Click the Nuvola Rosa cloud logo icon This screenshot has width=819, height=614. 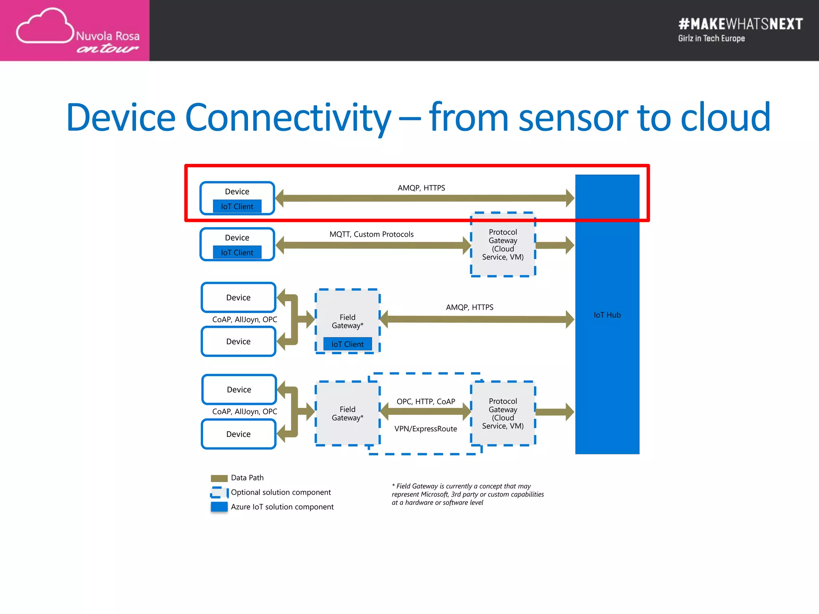pos(45,26)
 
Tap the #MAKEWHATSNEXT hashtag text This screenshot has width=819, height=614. pos(740,24)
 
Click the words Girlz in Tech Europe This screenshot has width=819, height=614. pos(711,38)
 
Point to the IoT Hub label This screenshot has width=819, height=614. pos(607,315)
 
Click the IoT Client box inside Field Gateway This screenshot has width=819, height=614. pos(347,344)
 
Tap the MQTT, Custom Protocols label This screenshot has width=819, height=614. pos(371,234)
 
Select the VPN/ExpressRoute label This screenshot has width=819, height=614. pos(425,429)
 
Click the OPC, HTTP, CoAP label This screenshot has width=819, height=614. pos(425,401)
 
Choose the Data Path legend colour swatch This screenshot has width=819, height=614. pos(219,478)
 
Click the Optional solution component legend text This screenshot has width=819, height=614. pos(281,492)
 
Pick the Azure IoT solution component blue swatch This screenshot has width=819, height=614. pos(219,507)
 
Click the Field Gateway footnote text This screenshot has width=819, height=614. pos(467,494)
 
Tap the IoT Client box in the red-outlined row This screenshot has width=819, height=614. pos(237,206)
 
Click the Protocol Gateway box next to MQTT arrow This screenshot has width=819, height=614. pos(503,244)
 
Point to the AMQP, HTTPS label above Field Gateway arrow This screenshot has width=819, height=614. pos(469,307)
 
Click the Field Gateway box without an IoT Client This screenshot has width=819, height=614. pos(347,413)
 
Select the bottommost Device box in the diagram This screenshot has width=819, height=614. pos(238,434)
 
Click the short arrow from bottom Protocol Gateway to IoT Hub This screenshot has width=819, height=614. pos(554,412)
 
